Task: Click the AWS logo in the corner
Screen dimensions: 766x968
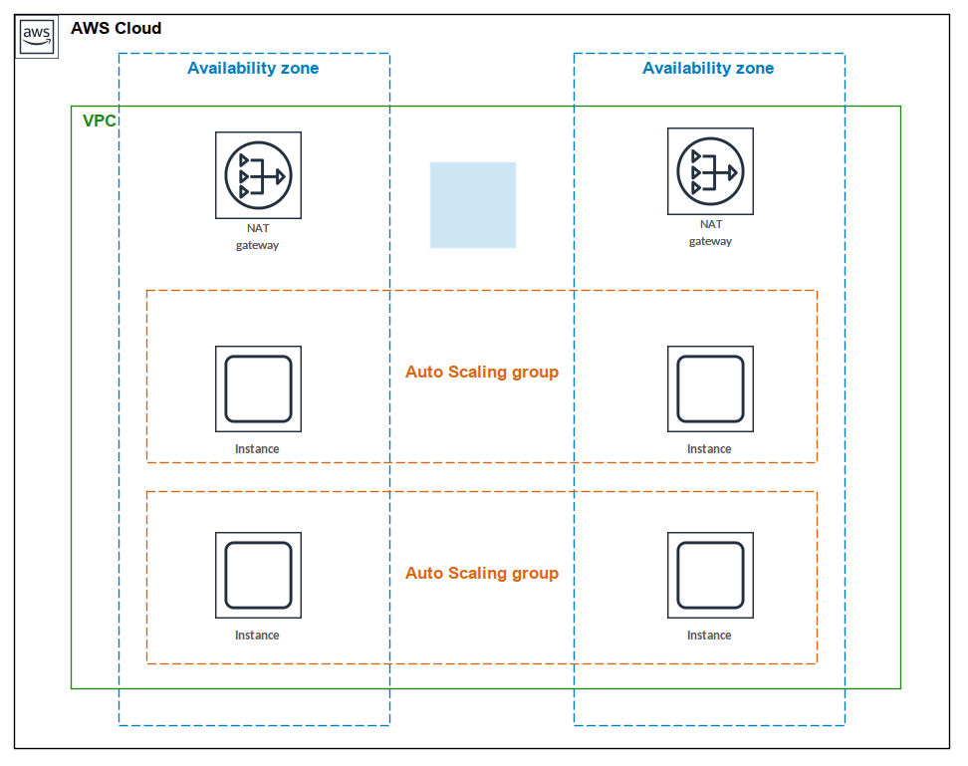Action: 37,36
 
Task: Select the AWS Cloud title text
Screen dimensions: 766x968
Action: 116,29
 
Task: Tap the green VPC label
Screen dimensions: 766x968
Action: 99,121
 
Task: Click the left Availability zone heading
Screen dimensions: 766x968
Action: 253,69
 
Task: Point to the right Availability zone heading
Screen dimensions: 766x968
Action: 708,69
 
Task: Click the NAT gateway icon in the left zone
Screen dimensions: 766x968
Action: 258,175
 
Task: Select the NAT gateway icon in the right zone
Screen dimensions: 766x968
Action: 710,170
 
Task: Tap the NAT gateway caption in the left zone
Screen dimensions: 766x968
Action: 258,236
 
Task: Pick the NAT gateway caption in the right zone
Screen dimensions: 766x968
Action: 710,232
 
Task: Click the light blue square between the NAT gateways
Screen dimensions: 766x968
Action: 473,204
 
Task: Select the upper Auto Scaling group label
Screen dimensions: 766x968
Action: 482,373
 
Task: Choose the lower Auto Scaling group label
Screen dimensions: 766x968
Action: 482,574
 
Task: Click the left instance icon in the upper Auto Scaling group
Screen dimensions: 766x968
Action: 258,388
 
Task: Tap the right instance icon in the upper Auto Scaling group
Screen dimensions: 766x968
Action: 710,388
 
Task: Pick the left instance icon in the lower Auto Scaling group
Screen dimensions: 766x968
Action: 258,575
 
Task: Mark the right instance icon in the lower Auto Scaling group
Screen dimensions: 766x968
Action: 710,575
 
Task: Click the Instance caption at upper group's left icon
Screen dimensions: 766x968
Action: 257,449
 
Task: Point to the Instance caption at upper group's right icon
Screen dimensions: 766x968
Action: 709,449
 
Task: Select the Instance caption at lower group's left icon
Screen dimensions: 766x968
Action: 257,636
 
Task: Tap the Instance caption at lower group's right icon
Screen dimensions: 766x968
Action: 709,636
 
